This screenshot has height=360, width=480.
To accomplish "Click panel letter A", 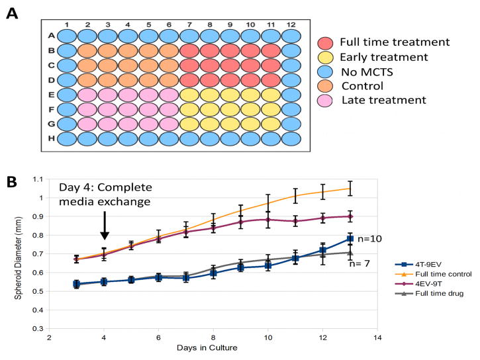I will (12, 13).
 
